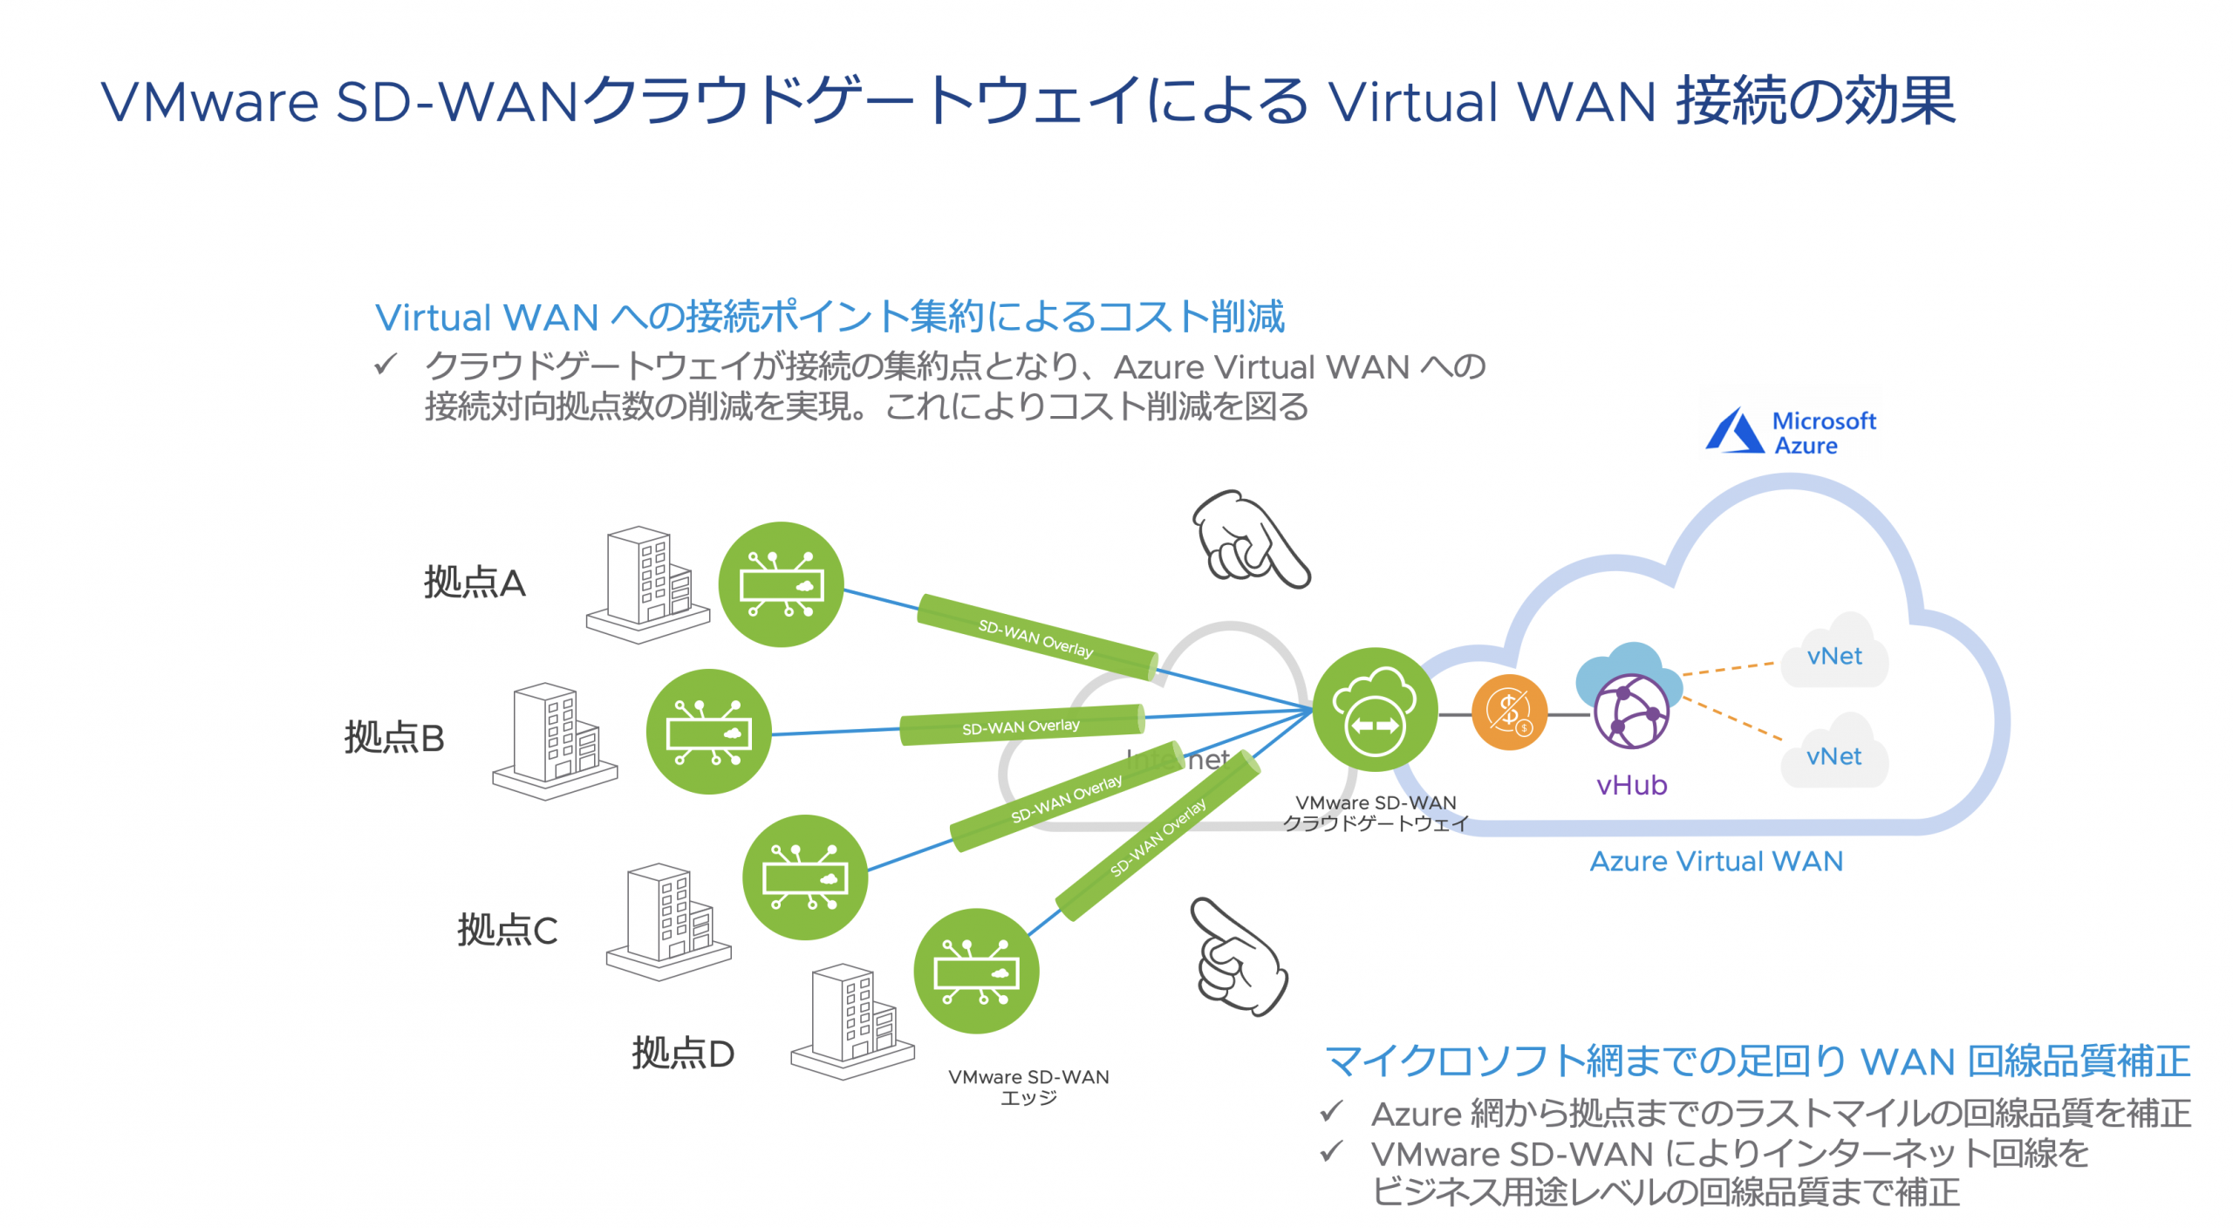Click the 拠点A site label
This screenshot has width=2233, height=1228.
[474, 582]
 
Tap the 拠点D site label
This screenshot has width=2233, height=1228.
[682, 1053]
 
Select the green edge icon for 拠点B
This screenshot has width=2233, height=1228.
[708, 731]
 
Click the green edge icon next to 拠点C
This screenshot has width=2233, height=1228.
[804, 877]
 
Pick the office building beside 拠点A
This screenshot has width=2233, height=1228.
[647, 583]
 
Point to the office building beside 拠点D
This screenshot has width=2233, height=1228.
[852, 1020]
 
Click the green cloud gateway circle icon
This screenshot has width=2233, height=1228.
[1375, 709]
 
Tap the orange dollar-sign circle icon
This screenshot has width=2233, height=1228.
[1509, 712]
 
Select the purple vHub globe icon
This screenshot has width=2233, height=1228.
[1630, 711]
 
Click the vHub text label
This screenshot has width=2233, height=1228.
[1631, 785]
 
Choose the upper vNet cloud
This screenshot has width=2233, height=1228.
[1834, 654]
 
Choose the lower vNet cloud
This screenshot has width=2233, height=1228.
[1834, 754]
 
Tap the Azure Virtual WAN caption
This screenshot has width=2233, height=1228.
[1716, 861]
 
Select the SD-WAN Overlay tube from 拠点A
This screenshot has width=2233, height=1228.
[1036, 637]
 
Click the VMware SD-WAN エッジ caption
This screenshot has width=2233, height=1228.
[1028, 1086]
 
